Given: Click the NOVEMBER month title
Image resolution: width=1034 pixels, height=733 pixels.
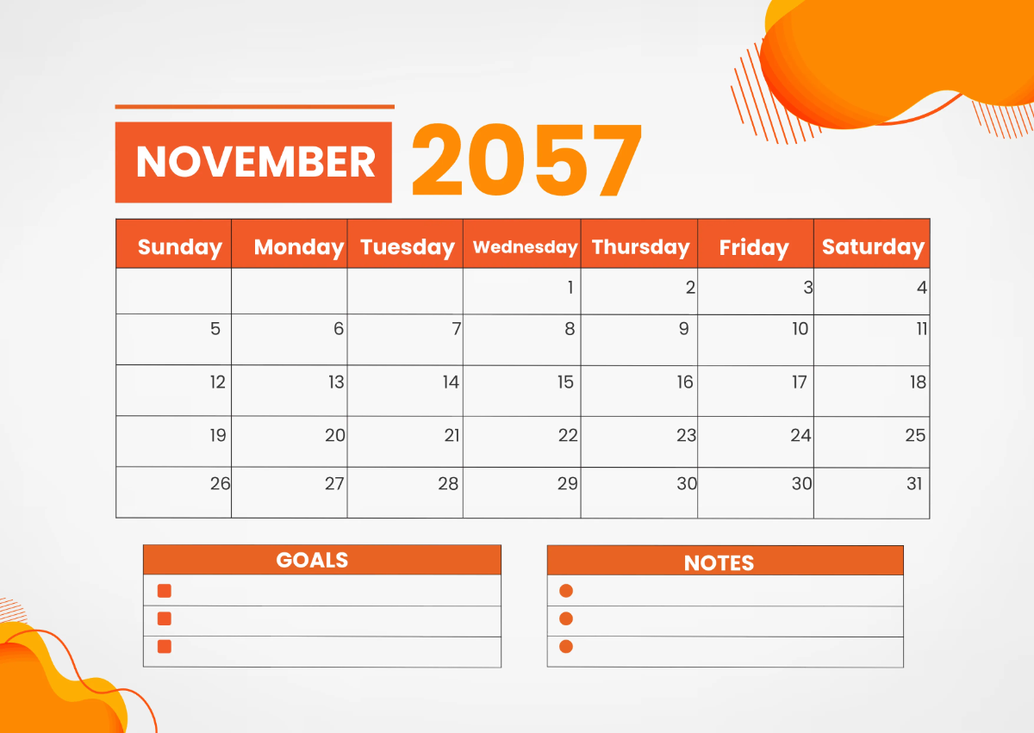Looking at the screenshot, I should click(255, 162).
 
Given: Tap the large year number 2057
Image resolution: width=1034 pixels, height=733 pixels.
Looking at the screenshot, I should click(526, 161).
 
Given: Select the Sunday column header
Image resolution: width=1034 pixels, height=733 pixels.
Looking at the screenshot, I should click(179, 247).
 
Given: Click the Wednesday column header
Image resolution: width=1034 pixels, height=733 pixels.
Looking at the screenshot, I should click(525, 247).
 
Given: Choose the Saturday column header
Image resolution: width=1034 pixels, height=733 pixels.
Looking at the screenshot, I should click(873, 247).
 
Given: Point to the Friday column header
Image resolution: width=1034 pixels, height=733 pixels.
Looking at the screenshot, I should click(754, 248).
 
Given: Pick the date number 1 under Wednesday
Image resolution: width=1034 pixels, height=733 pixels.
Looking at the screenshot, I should click(570, 288).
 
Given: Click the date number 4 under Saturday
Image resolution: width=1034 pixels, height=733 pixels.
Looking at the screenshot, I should click(922, 288).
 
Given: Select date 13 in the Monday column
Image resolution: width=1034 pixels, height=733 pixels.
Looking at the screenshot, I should click(336, 382).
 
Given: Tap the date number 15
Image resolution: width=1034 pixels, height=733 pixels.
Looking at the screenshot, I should click(565, 382).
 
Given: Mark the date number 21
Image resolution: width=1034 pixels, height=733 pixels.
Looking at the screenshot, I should click(452, 435).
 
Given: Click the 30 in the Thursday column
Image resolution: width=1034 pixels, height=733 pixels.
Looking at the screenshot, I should click(686, 483).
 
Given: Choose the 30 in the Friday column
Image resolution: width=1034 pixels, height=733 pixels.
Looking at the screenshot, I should click(801, 483).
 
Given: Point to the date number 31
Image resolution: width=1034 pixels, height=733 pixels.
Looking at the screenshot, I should click(914, 483).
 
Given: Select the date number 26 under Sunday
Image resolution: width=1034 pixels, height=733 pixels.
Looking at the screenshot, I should click(220, 483).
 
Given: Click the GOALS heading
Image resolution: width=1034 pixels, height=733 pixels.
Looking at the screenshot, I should click(312, 560).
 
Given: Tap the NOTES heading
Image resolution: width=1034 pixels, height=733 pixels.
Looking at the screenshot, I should click(719, 562).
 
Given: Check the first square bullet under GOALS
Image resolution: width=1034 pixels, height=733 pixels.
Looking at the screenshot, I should click(165, 591).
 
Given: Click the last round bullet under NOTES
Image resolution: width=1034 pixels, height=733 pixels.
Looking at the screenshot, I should click(566, 646).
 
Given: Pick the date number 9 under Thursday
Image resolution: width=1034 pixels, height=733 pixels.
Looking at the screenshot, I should click(684, 328).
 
